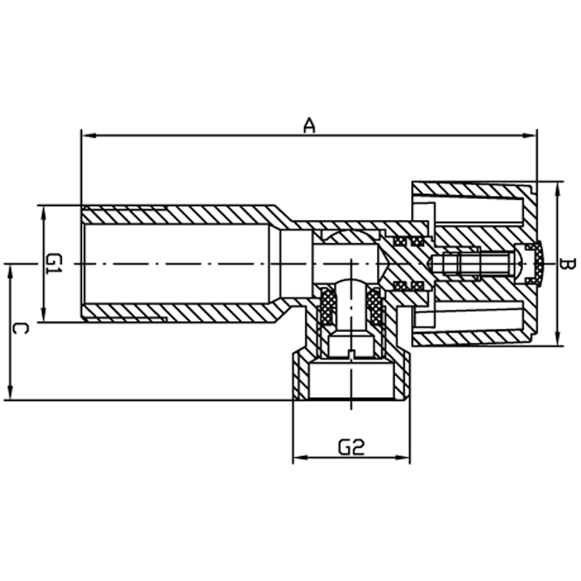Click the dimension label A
tap(309, 125)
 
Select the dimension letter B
tap(567, 264)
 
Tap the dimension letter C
tap(20, 329)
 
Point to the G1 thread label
tap(54, 264)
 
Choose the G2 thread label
tap(352, 447)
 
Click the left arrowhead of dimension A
tap(89, 136)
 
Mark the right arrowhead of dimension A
tap(529, 136)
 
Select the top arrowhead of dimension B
tap(557, 190)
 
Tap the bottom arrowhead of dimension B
tap(557, 338)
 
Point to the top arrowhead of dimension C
tap(10, 272)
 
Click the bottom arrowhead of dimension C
tap(10, 392)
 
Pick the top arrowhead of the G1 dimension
tap(44, 213)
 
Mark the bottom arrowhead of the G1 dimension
tap(44, 314)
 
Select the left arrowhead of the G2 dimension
tap(301, 458)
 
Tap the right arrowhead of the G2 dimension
tap(402, 458)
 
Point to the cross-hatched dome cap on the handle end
tap(536, 264)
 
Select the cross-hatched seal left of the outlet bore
tap(328, 306)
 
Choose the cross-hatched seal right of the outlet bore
tap(375, 306)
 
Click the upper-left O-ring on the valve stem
tap(399, 241)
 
